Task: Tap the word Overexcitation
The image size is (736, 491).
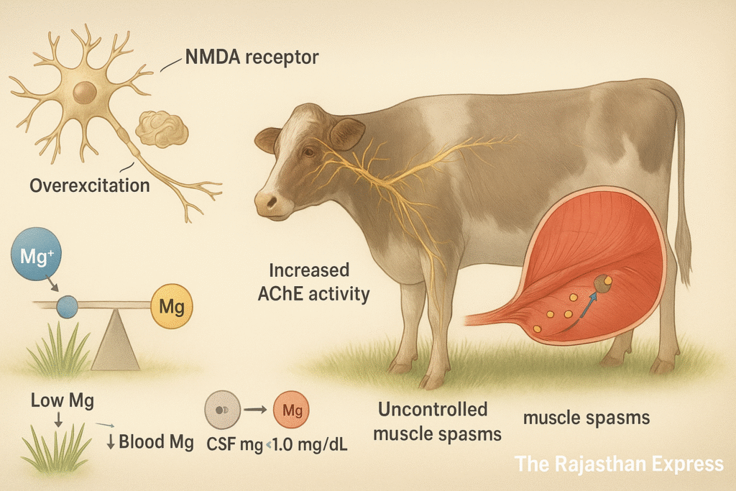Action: pyautogui.click(x=90, y=185)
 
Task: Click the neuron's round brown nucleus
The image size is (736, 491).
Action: pyautogui.click(x=85, y=91)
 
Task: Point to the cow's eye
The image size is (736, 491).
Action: pyautogui.click(x=308, y=152)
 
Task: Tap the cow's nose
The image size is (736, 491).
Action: pyautogui.click(x=267, y=203)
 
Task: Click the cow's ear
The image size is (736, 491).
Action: pyautogui.click(x=347, y=133)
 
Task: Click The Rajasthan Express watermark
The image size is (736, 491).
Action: pyautogui.click(x=620, y=464)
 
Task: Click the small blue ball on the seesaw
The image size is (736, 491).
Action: pyautogui.click(x=68, y=305)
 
